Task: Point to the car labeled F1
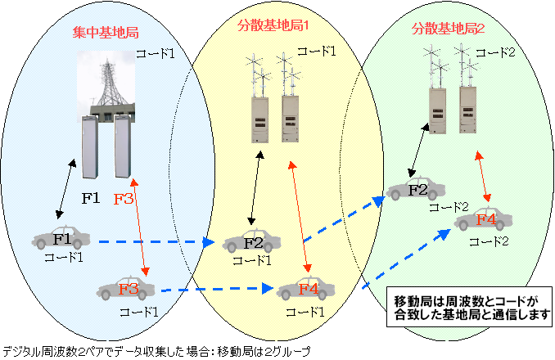click(62, 240)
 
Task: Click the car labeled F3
click(126, 289)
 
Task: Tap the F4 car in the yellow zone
click(307, 288)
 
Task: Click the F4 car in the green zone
click(485, 219)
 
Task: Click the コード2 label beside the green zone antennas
click(496, 52)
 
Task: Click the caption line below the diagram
click(156, 350)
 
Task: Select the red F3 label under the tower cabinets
click(124, 198)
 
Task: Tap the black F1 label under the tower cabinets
click(91, 198)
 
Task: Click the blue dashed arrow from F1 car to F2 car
click(151, 241)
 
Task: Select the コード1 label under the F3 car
click(138, 312)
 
